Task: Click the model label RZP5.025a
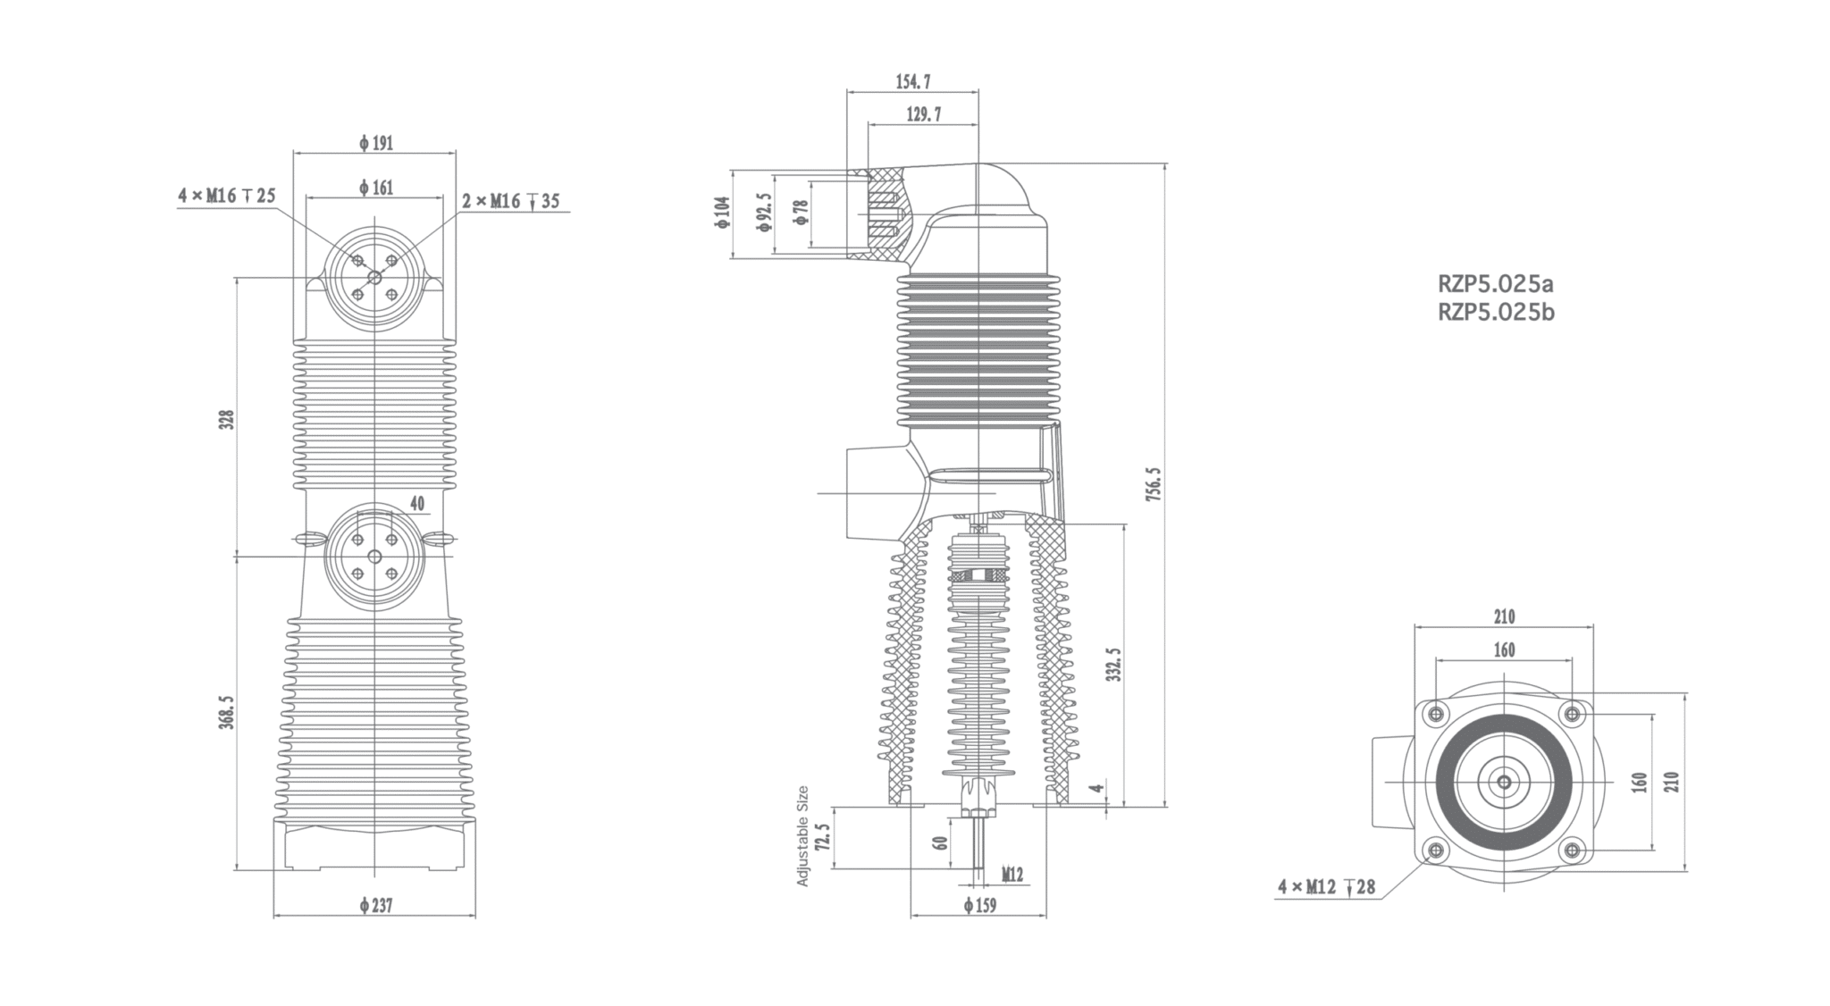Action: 1496,284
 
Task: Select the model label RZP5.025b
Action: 1496,313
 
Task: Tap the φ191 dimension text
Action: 376,143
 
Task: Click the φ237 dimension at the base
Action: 376,906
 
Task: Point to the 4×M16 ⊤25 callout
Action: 227,196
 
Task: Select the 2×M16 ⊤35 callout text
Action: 510,201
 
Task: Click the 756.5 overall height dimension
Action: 1154,483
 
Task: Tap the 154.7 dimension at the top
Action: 913,82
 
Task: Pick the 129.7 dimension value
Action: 923,115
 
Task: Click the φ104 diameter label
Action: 722,213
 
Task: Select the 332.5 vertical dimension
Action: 1113,665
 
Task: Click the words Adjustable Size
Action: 802,836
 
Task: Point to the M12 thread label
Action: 1012,875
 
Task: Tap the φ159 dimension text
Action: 980,906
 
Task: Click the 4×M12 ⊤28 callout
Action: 1326,887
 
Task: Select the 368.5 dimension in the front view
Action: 227,713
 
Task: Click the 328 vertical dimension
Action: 227,419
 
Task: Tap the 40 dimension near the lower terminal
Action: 417,504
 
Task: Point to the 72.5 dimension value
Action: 823,839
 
